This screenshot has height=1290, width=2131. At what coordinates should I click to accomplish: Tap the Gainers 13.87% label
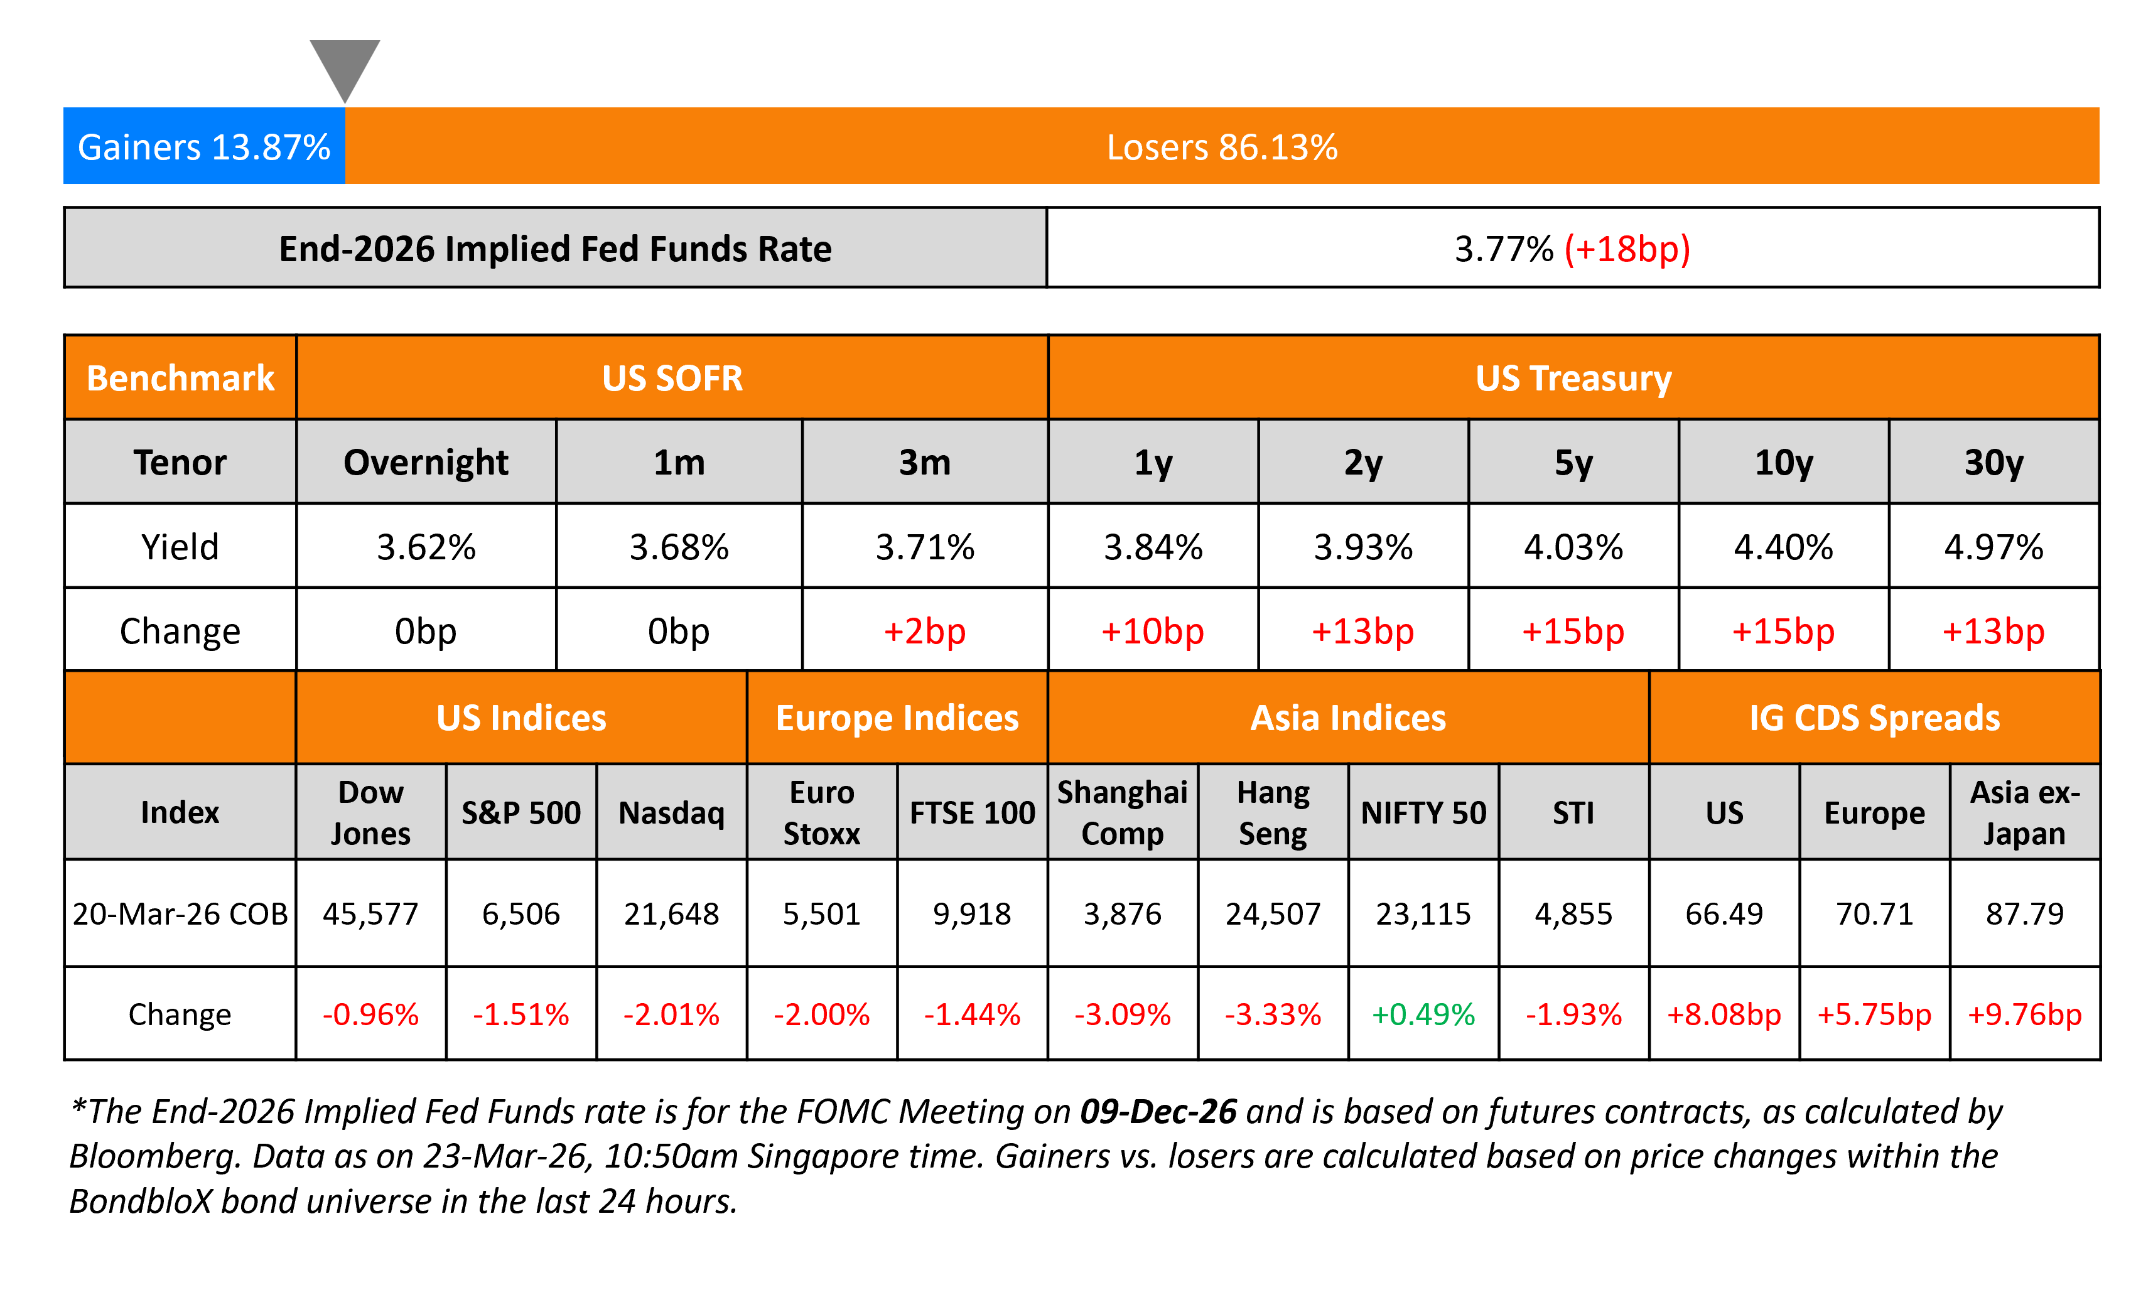(x=204, y=147)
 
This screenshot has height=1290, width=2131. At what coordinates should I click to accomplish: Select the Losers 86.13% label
(x=1221, y=147)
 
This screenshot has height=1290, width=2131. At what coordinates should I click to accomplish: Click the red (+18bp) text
(x=1627, y=249)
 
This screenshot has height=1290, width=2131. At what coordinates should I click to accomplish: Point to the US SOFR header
(x=672, y=378)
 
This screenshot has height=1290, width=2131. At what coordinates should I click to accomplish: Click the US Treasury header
(x=1573, y=378)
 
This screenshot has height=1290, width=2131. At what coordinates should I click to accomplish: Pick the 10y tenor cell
(x=1783, y=463)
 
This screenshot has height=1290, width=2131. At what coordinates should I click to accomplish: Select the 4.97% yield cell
(x=1993, y=546)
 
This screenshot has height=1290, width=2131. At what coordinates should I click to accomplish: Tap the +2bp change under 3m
(x=924, y=631)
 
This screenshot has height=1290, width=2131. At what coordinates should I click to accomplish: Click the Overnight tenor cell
(x=426, y=463)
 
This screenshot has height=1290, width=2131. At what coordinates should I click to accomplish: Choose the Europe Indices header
(x=897, y=718)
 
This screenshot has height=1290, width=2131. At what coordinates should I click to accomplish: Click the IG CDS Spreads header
(x=1874, y=718)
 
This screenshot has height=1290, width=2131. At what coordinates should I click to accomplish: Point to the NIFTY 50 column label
(x=1423, y=813)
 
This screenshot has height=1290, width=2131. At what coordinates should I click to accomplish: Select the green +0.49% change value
(x=1423, y=1014)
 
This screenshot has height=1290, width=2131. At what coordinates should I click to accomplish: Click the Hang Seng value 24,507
(x=1272, y=914)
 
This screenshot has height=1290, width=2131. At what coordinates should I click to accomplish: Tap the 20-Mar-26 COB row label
(x=180, y=914)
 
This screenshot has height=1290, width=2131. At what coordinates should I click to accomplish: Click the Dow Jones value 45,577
(x=370, y=914)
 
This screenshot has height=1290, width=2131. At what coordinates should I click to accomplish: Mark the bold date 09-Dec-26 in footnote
(x=1158, y=1112)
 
